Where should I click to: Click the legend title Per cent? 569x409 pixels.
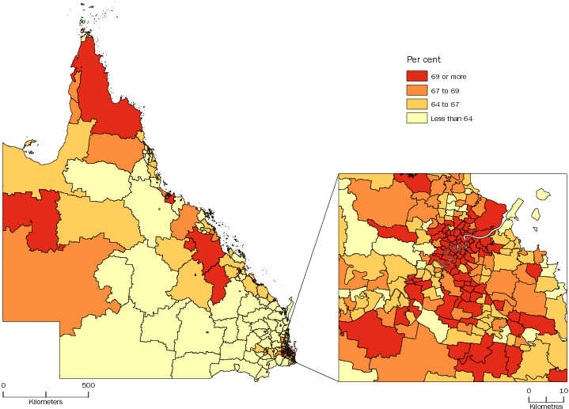(423, 59)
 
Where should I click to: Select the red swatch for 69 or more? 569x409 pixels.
(416, 76)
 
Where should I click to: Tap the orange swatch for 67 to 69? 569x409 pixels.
(416, 90)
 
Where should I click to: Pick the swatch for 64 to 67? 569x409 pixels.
(416, 104)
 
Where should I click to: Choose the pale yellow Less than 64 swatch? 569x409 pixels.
(416, 119)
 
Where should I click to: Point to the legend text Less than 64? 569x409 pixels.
(451, 119)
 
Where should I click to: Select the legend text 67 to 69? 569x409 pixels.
(444, 90)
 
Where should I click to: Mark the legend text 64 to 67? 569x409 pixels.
(444, 104)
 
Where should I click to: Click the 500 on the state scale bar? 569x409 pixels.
(88, 385)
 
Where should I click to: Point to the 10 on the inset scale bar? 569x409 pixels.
(563, 391)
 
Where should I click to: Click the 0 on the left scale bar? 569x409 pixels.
(3, 385)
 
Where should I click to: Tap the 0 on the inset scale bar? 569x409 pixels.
(528, 391)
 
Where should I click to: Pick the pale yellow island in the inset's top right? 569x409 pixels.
(542, 193)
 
